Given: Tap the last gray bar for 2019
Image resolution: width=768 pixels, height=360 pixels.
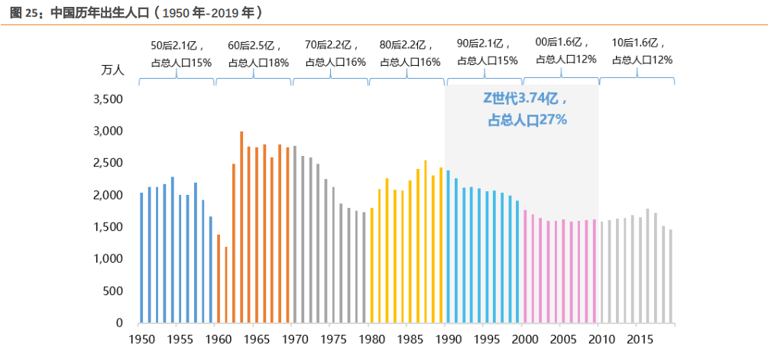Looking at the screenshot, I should click(x=671, y=276).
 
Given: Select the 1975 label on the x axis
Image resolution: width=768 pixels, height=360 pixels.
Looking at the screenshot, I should click(x=332, y=339).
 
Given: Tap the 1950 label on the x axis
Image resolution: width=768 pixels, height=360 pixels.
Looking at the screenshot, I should click(x=140, y=339).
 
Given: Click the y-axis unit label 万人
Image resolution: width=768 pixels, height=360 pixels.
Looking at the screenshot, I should click(x=112, y=70).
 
